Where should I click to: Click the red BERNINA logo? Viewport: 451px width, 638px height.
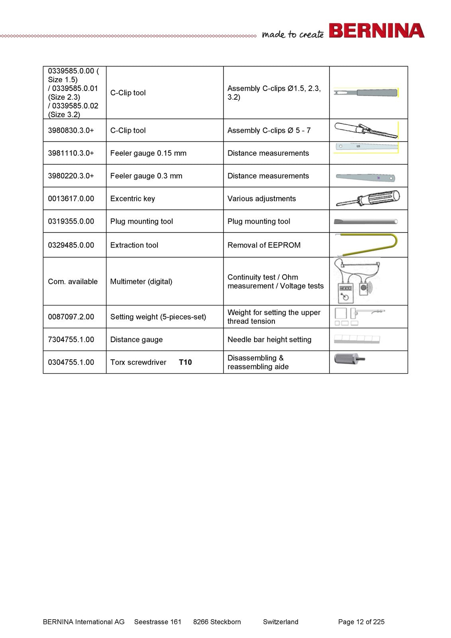click(x=376, y=30)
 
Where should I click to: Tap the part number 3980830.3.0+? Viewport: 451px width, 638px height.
click(x=71, y=130)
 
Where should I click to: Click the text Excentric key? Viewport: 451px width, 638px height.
click(x=133, y=199)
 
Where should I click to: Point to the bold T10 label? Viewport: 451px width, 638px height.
click(x=185, y=362)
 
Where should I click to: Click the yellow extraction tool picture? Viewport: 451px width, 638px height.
click(x=367, y=245)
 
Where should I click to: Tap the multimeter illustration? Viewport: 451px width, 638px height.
click(x=357, y=281)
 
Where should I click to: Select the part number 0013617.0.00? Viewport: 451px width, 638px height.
click(x=71, y=199)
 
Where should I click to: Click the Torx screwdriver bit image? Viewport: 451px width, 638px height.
click(x=349, y=358)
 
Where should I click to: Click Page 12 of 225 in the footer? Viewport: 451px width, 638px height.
click(x=361, y=622)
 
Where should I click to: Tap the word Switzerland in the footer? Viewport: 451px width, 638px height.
click(x=280, y=622)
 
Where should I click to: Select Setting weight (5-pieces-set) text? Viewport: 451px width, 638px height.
click(x=158, y=317)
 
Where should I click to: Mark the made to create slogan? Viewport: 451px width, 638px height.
click(x=293, y=34)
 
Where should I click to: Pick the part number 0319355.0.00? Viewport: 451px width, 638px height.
click(x=71, y=221)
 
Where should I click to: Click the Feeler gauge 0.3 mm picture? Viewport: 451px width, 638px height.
click(x=365, y=177)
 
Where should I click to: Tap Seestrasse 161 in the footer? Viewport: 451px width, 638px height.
click(x=158, y=622)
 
